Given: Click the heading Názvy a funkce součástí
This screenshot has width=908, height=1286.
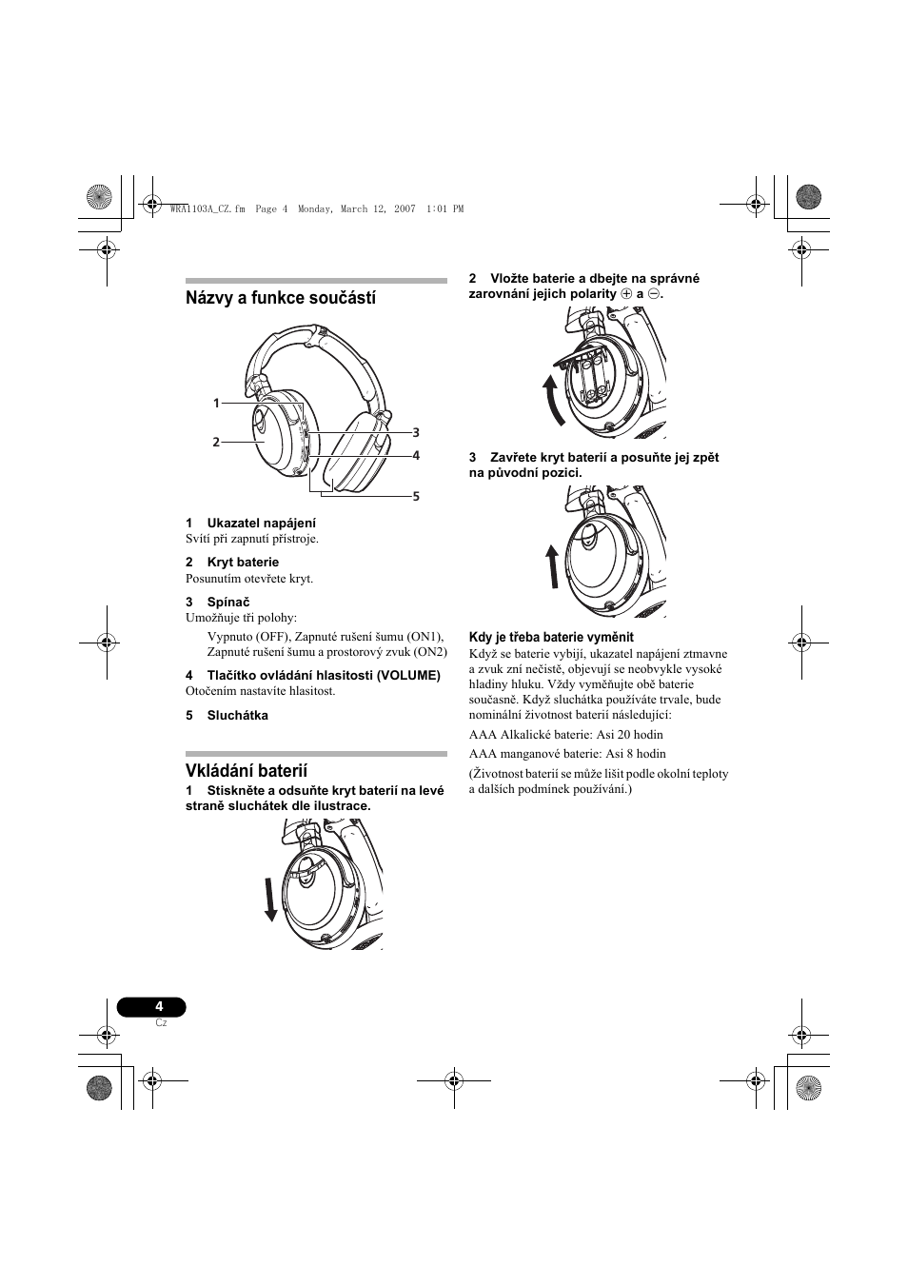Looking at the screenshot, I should tap(281, 298).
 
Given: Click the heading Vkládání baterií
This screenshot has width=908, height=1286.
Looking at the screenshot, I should tap(247, 770).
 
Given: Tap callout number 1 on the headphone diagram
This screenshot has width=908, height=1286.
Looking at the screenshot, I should tap(216, 404).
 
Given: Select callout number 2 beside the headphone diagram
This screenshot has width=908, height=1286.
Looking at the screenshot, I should tap(216, 442).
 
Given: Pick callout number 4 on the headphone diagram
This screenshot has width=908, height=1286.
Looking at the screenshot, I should tap(416, 455).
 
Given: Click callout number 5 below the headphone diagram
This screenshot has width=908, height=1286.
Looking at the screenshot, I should tap(416, 496).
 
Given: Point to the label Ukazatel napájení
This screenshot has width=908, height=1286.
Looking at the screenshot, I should tap(261, 523).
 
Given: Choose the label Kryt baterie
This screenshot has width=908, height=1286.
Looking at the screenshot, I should tap(243, 562).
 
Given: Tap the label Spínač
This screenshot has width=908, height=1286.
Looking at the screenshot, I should tap(228, 602).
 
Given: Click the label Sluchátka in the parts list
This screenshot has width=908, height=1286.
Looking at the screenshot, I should tap(237, 715).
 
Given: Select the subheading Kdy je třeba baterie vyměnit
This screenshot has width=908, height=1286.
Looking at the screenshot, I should tap(551, 637).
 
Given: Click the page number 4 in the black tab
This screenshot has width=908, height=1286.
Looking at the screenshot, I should tap(159, 1006).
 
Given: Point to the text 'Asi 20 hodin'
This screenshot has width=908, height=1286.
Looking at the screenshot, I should tap(629, 734).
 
